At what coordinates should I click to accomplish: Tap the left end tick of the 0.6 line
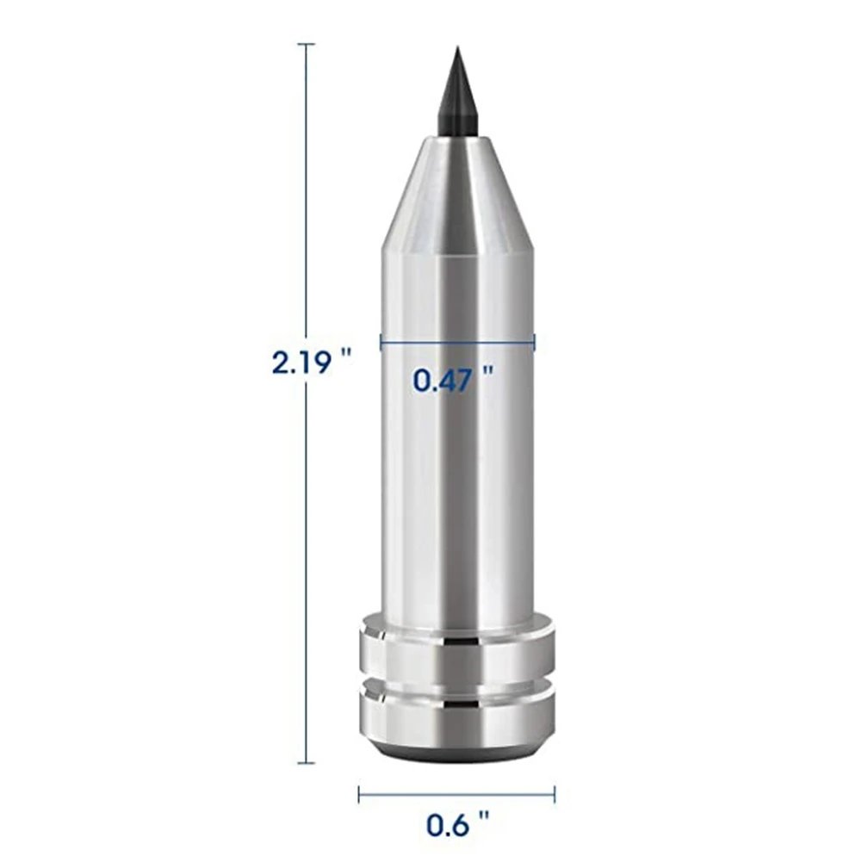tap(360, 793)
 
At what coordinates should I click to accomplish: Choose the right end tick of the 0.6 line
tap(555, 793)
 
